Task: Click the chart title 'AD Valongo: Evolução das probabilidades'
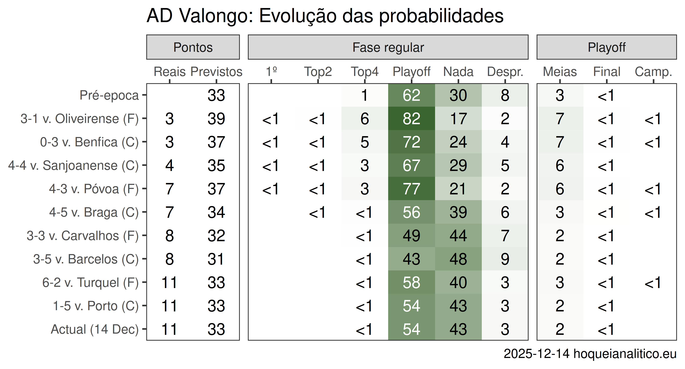325,16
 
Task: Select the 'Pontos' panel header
193,47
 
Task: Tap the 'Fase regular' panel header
388,47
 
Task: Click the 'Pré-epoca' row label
109,95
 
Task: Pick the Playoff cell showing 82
411,119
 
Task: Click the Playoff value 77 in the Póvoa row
411,189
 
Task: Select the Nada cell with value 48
458,259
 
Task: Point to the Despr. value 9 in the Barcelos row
505,259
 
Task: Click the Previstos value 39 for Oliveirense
216,119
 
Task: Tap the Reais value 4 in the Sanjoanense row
170,166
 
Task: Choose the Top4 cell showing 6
365,119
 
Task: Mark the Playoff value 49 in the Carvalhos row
411,236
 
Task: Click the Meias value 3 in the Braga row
560,212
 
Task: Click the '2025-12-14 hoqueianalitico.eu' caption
590,354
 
